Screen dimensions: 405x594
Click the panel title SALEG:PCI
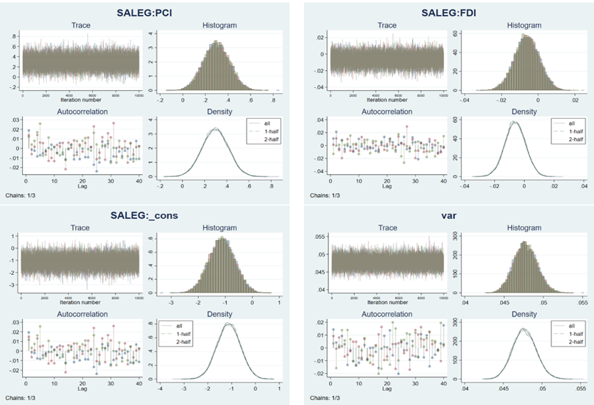tap(148, 12)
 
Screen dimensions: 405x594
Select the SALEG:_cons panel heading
tap(148, 216)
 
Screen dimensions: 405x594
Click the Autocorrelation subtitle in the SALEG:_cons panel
tap(80, 313)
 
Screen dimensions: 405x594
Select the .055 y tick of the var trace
tap(320, 235)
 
